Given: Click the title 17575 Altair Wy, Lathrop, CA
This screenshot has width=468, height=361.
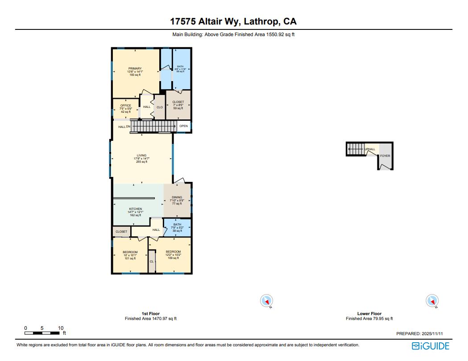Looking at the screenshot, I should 233,21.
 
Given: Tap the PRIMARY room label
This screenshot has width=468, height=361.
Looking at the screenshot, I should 135,69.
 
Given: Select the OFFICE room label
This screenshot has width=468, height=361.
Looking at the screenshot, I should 125,106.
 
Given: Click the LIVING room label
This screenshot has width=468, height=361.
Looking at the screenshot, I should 141,156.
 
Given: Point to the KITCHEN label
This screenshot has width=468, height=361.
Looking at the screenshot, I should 135,209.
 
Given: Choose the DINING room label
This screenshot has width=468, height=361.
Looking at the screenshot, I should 177,197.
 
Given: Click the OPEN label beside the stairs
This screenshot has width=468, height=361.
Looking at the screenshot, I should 183,126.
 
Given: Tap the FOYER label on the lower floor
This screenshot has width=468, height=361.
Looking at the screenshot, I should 385,156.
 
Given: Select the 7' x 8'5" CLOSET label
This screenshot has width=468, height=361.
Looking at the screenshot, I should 178,102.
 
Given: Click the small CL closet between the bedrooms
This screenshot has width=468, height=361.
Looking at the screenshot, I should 152,262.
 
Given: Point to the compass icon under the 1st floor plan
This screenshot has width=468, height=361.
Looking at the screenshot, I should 266,302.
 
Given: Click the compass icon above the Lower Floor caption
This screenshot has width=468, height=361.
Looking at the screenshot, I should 432,301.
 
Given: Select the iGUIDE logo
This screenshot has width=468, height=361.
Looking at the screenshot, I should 430,346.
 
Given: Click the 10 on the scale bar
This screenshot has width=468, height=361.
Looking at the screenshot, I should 61,328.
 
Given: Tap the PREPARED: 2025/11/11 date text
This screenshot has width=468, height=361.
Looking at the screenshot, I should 422,333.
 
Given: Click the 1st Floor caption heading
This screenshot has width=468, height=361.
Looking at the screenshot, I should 150,314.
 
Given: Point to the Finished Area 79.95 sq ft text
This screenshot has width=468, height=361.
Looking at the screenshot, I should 369,319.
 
